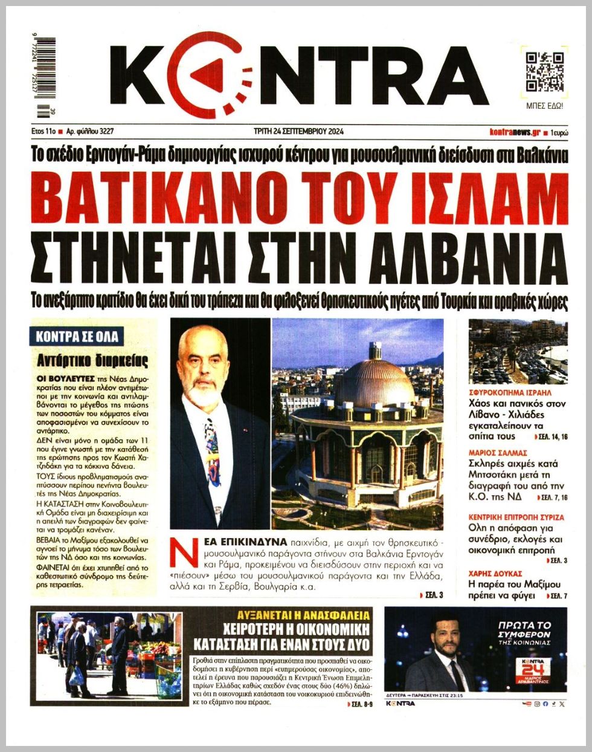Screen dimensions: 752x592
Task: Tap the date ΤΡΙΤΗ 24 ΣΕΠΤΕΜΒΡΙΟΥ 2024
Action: pyautogui.click(x=299, y=131)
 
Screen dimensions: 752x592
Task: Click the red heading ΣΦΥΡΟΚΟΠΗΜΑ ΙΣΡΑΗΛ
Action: pyautogui.click(x=510, y=392)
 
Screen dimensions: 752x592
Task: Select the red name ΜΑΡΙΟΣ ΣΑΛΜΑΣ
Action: pyautogui.click(x=498, y=452)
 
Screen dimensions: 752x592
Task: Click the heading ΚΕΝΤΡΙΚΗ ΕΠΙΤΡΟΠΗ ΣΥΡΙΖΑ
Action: pyautogui.click(x=516, y=517)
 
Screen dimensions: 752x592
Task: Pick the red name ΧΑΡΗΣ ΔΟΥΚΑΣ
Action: pyautogui.click(x=495, y=573)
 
